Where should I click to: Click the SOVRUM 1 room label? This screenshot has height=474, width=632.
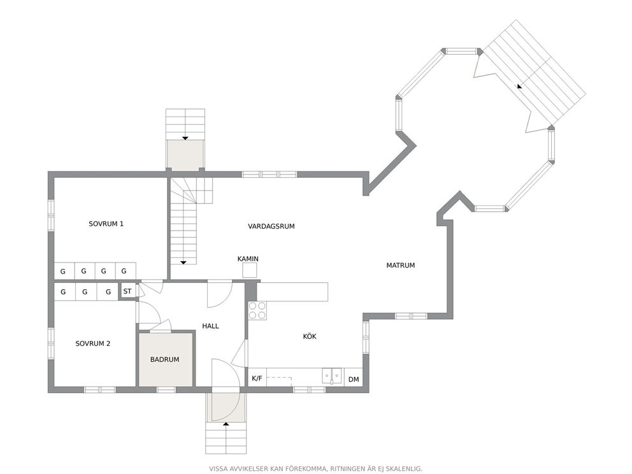tap(106, 224)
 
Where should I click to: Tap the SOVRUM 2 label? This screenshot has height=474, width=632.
tap(93, 343)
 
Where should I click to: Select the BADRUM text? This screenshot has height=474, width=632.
tap(164, 359)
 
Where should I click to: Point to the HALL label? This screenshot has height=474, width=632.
tap(210, 326)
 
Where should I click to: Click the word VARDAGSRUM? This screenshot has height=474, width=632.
tap(271, 227)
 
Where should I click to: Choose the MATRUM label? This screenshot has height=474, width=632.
tap(401, 265)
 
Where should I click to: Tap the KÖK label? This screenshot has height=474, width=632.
tap(310, 336)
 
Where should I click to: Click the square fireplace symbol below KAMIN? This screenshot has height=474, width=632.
tap(250, 270)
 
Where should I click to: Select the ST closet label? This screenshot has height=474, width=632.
tap(127, 291)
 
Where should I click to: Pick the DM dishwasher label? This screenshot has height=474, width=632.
tap(354, 379)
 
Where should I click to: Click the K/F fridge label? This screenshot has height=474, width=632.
tap(257, 378)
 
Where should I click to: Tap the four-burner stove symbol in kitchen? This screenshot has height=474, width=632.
tap(257, 310)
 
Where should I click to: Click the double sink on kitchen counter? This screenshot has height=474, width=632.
tap(332, 376)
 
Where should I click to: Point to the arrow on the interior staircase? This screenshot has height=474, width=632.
tap(183, 262)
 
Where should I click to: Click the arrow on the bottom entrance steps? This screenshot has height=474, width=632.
tap(226, 424)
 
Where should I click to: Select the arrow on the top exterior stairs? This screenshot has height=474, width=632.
tap(185, 138)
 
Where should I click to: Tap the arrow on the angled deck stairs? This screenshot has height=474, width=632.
tap(519, 86)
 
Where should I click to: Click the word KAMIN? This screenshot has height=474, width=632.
tap(248, 259)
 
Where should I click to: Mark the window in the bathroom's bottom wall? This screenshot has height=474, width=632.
tap(166, 390)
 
